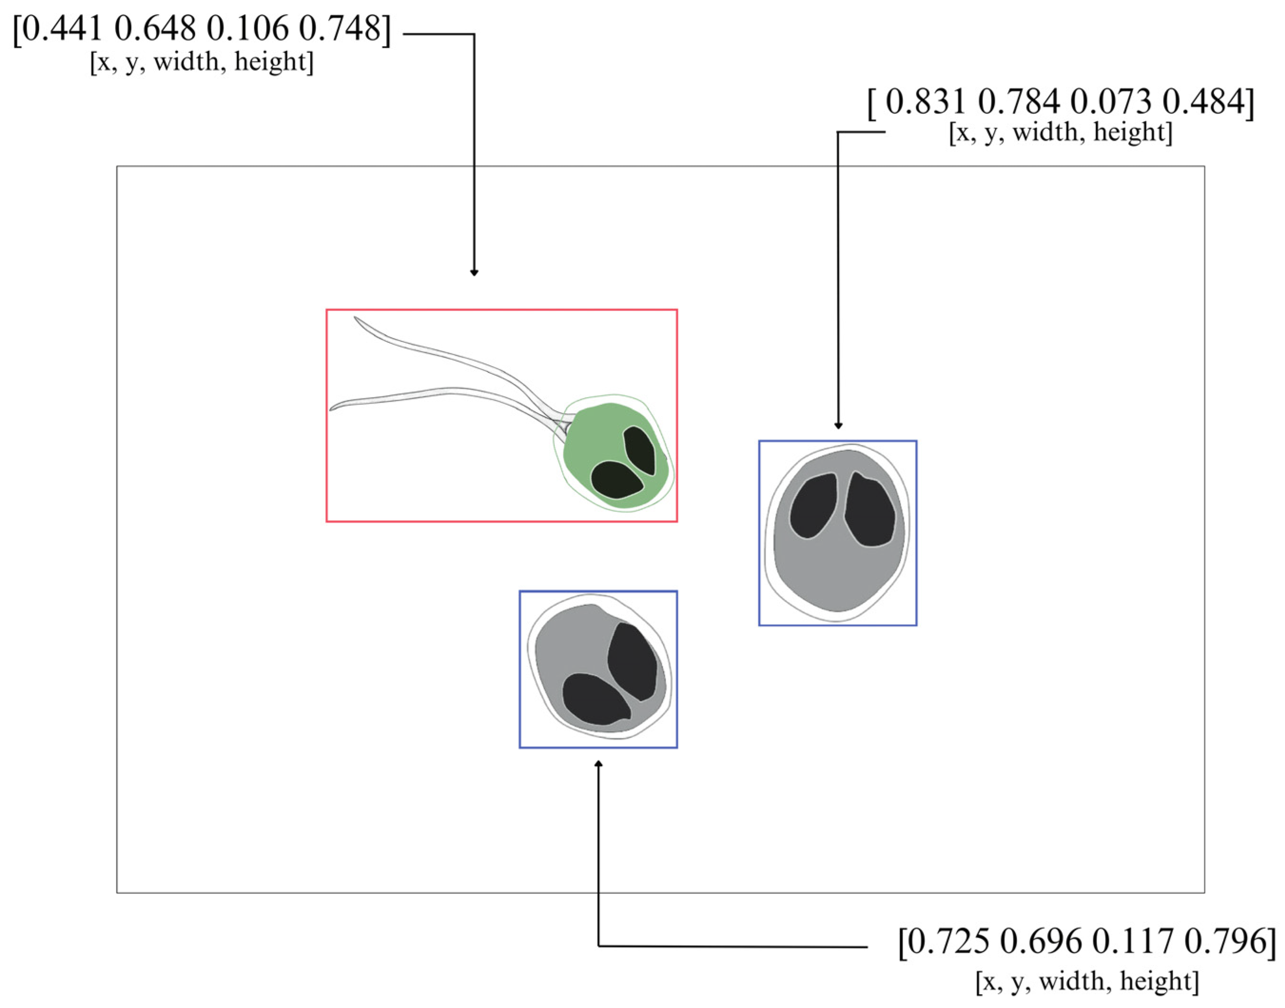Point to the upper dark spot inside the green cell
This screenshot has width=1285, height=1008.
click(640, 450)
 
